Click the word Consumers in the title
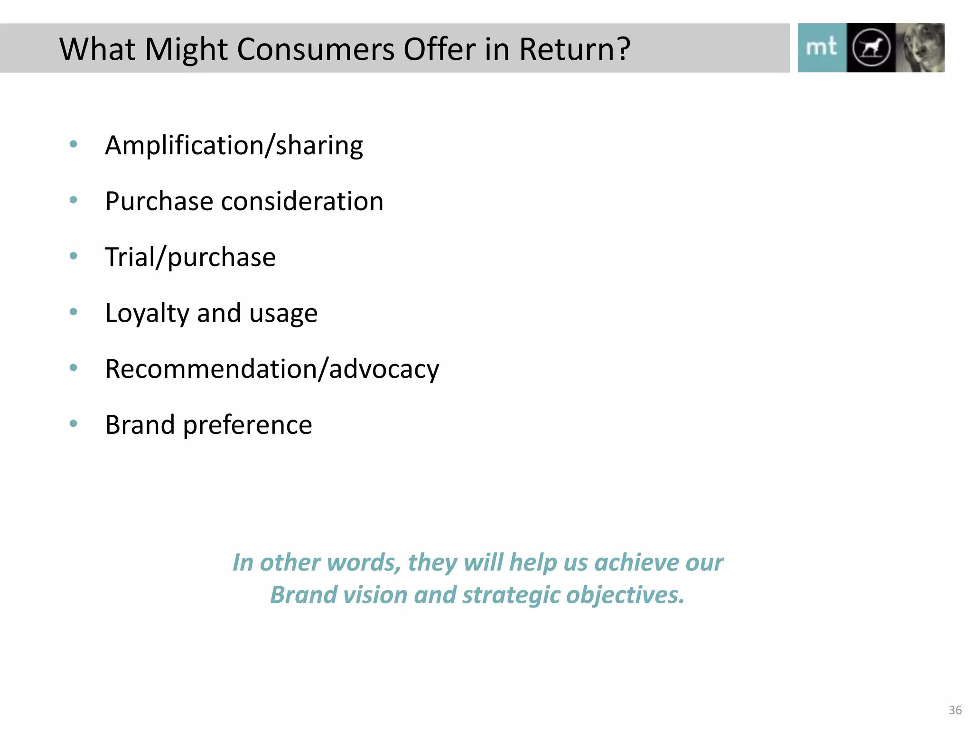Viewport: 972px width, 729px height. coord(315,49)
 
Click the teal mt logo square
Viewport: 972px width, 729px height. coord(822,47)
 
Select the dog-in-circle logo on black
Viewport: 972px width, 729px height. coord(871,47)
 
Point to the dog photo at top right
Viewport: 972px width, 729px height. coord(920,47)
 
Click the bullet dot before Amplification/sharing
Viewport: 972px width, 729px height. coord(73,144)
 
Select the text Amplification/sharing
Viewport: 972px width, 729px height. coord(234,145)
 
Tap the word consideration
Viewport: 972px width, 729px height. coord(302,201)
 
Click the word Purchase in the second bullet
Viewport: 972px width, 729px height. coord(159,201)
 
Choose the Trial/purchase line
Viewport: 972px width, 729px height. coord(190,257)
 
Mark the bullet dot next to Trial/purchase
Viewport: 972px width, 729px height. coord(73,256)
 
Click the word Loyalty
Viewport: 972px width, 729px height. coord(147,313)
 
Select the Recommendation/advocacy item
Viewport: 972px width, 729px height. coord(272,369)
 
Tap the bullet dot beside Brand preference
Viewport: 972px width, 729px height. coord(73,423)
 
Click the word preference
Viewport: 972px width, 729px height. coord(247,425)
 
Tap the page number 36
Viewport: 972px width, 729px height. coord(955,710)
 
